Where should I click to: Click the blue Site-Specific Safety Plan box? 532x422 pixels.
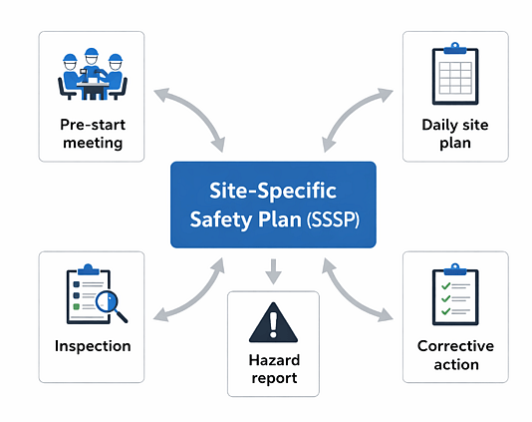click(x=273, y=205)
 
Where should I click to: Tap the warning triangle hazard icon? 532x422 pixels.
click(x=273, y=322)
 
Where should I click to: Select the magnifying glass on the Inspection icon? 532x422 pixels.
click(x=111, y=306)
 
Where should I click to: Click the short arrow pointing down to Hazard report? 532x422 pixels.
click(x=273, y=271)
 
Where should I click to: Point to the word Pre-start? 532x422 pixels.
click(x=93, y=125)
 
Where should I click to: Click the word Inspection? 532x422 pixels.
click(x=93, y=346)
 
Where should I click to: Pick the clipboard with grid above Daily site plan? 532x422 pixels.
click(x=455, y=74)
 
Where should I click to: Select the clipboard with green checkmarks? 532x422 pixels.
click(x=455, y=294)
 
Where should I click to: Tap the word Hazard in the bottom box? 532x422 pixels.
click(x=274, y=360)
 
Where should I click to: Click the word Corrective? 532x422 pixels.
click(x=455, y=346)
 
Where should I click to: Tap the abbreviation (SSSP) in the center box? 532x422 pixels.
click(x=333, y=219)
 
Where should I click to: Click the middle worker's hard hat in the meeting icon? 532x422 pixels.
click(x=92, y=52)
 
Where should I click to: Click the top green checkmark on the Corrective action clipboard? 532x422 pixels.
click(x=445, y=286)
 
